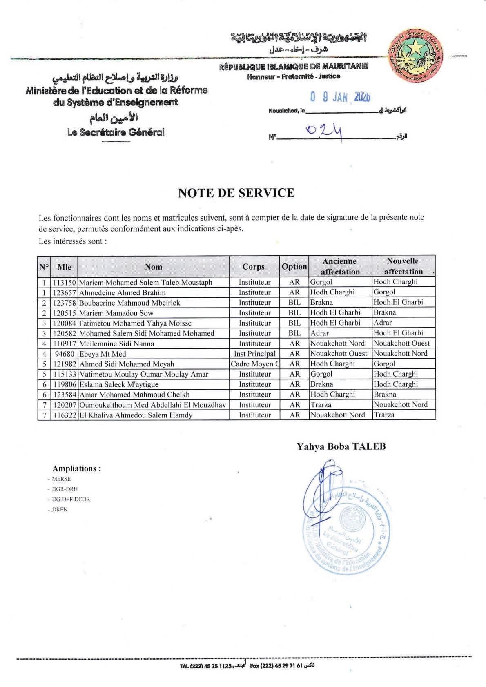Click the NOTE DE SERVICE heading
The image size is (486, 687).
236,193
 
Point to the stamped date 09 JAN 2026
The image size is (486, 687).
340,97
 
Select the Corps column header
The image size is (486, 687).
254,267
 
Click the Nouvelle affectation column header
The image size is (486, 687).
403,266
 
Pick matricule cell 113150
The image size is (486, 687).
64,282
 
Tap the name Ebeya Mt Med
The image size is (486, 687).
103,354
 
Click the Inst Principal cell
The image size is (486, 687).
254,354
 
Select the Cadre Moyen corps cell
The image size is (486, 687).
254,364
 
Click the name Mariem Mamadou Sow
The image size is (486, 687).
116,313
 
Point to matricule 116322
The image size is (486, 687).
64,415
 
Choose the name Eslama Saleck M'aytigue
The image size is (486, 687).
119,384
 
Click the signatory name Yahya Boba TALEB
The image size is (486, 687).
341,446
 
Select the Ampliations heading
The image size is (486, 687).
77,468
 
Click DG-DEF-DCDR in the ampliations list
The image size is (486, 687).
70,499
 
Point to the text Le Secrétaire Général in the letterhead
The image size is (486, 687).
116,132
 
